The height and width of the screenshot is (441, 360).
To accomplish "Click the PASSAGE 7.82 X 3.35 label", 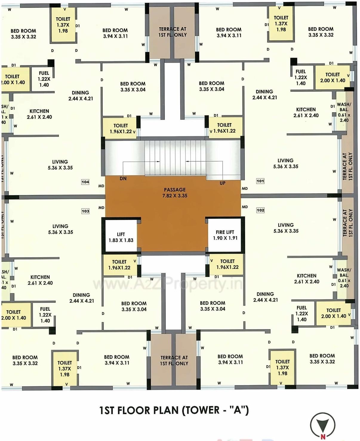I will [x=175, y=193].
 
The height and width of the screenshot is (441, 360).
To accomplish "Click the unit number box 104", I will [x=85, y=182].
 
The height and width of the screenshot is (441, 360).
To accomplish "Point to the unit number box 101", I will [x=260, y=181].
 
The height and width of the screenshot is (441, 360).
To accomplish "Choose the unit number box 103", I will [x=85, y=211].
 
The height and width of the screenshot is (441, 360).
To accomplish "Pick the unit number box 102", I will [x=260, y=210].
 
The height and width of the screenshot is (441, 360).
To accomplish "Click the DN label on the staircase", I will [x=123, y=178].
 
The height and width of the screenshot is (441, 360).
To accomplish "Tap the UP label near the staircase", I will [x=222, y=183].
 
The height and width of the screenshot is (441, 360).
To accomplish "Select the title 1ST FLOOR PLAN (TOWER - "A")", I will [x=174, y=410].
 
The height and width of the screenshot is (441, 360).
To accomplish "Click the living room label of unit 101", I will [x=286, y=163].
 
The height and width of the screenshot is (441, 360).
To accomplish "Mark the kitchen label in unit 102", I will [x=307, y=278].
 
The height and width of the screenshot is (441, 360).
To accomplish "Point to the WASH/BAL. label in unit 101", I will [x=344, y=112].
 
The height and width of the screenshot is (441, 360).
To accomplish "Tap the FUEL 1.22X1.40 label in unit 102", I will [x=301, y=313].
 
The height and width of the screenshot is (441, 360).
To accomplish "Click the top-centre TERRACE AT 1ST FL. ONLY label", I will [x=173, y=32].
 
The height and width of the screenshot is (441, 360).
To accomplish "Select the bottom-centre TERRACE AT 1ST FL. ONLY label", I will [x=174, y=360].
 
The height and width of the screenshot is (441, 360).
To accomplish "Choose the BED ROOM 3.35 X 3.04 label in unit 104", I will [x=133, y=87].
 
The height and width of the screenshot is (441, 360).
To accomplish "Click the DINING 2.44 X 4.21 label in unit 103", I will [x=81, y=298].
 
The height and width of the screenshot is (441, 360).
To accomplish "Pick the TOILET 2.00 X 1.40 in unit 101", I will [x=333, y=77].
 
